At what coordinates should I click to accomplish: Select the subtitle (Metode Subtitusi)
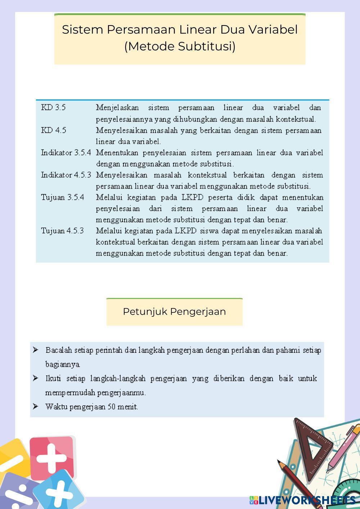180,46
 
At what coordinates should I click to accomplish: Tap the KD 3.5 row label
53,108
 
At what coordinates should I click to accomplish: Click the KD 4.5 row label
54,130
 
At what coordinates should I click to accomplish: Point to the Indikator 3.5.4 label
66,153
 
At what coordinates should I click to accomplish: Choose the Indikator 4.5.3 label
66,175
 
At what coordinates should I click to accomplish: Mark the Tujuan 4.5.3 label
62,231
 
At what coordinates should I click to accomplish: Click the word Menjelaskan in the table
117,108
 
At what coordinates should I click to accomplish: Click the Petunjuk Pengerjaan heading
174,312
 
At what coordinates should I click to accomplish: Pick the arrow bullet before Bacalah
35,350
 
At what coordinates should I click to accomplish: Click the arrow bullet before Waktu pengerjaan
35,406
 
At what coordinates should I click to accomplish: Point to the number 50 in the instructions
111,407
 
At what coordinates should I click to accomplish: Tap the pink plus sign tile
52,457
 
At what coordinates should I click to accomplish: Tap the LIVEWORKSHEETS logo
302,500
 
